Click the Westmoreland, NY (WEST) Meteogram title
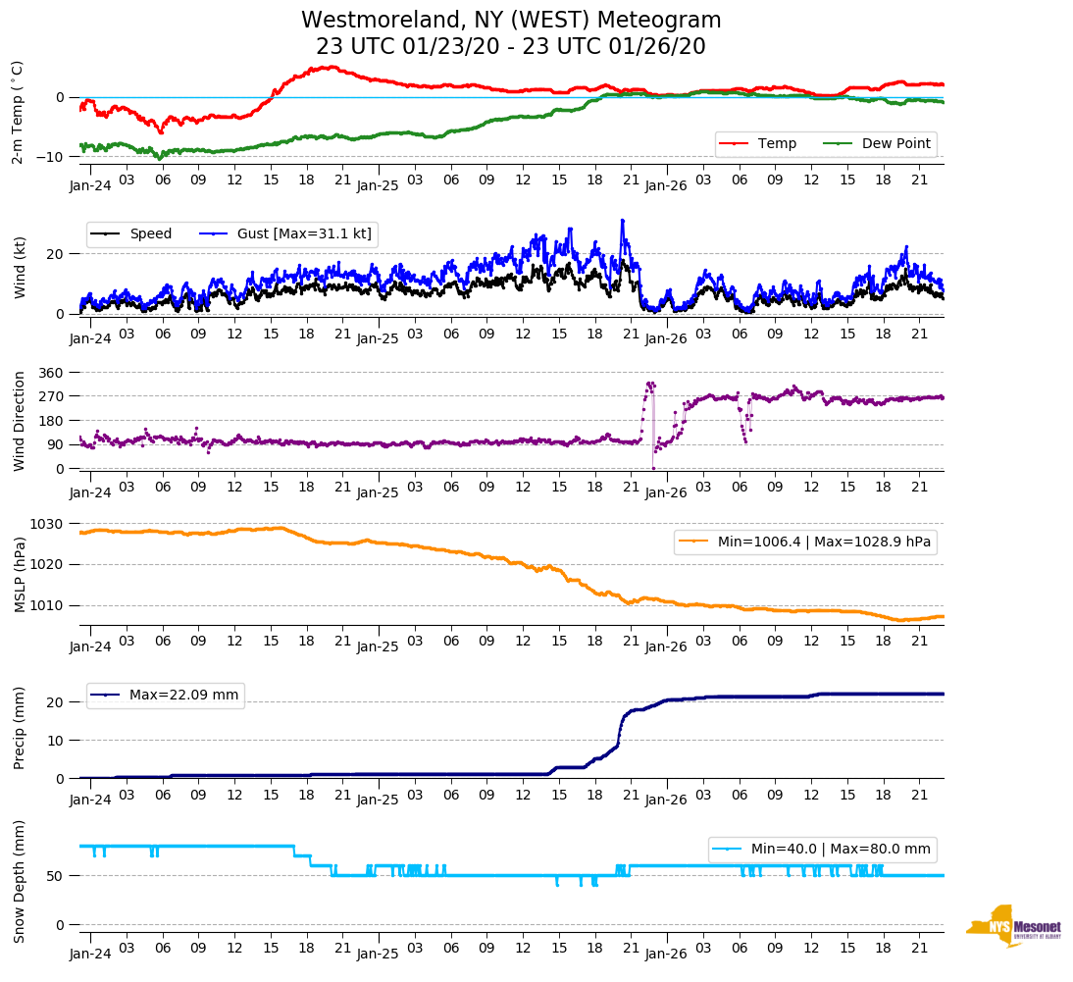511,21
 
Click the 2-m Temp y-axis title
17,112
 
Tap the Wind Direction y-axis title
19,421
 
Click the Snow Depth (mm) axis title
19,881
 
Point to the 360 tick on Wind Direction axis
52,373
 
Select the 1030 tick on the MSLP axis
48,524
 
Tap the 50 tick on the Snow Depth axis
57,876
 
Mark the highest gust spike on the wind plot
622,221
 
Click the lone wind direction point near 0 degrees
653,468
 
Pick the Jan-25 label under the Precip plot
378,799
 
